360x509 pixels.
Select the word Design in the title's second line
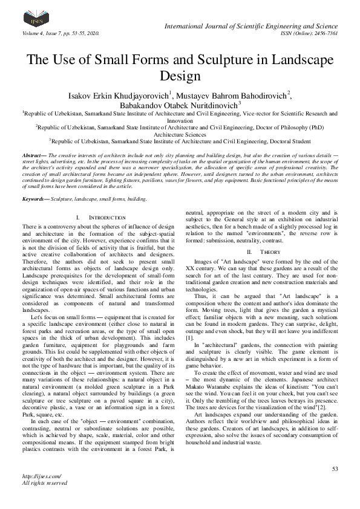pos(180,76)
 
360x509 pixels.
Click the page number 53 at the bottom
pos(335,469)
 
